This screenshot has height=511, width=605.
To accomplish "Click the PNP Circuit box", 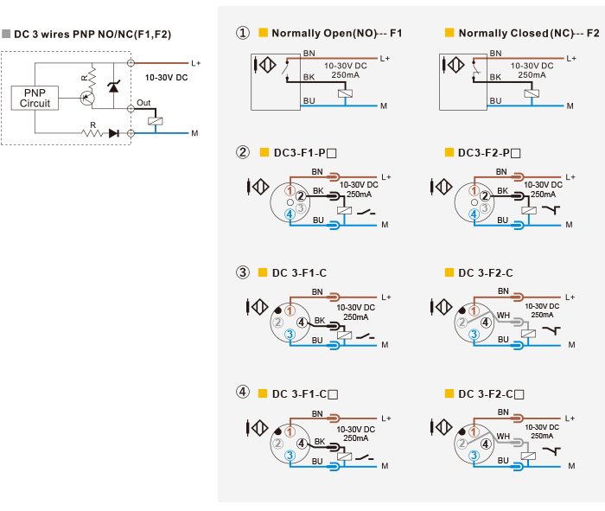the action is click(35, 98).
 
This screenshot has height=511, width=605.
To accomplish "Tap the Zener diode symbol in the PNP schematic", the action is click(113, 87).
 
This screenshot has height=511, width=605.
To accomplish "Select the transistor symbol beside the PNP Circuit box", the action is click(87, 98).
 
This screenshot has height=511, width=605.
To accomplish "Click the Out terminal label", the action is click(143, 103).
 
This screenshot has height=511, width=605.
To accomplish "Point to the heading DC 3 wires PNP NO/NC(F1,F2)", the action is click(92, 35).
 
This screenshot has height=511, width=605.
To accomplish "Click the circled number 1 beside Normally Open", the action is click(243, 33).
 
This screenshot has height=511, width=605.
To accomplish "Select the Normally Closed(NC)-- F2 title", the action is click(529, 33).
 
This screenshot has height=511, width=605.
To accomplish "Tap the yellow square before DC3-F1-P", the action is click(264, 152).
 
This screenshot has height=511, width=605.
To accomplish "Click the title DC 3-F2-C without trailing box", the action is click(486, 273).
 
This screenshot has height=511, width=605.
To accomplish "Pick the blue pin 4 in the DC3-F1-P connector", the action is click(290, 214).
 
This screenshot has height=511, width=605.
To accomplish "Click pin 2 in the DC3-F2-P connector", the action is click(485, 196).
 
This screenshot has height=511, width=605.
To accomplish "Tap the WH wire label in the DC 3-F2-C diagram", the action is click(503, 316).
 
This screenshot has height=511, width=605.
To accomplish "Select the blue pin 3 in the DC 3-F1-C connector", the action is click(290, 335).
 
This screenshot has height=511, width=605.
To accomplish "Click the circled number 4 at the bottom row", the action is click(243, 393).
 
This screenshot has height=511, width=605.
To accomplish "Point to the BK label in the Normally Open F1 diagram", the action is click(309, 77).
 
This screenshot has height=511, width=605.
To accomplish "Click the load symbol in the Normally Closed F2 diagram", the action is click(532, 93).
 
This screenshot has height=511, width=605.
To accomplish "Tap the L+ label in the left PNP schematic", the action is click(196, 63).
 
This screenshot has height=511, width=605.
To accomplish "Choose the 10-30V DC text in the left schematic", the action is click(166, 78).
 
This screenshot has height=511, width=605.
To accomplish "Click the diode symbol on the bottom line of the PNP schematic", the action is click(113, 133).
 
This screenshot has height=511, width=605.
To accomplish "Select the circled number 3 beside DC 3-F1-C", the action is click(243, 272).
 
